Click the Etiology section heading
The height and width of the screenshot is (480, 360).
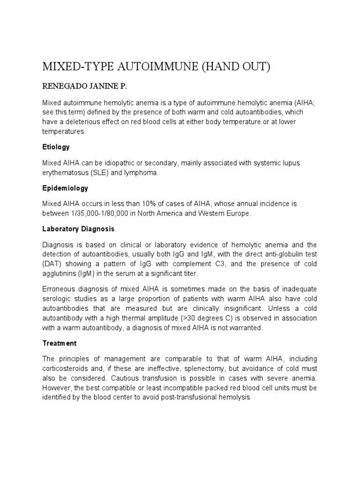(x=56, y=147)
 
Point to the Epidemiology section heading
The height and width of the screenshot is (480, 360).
(x=65, y=188)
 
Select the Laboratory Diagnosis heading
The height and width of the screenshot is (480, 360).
(x=78, y=229)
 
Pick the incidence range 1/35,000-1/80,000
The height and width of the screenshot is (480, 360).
(x=105, y=213)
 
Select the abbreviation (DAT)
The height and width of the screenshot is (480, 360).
(x=52, y=264)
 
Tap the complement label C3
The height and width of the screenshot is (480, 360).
(x=210, y=264)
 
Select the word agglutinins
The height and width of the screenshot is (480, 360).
(x=60, y=273)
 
